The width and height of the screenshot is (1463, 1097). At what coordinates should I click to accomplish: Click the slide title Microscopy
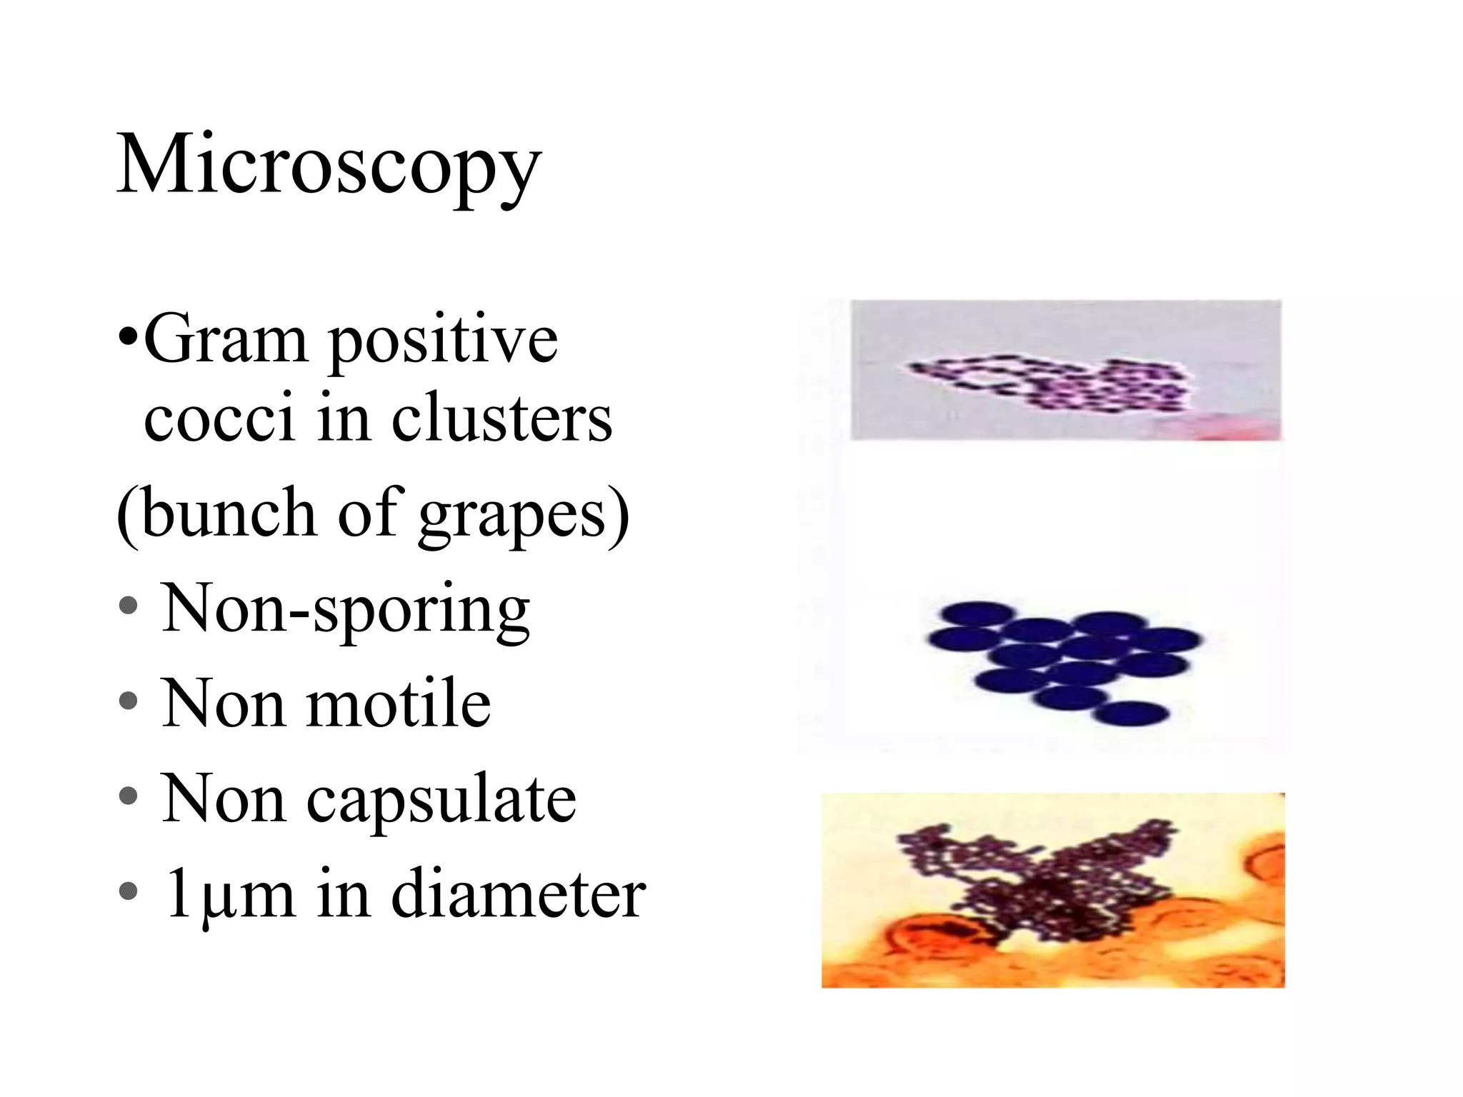coord(329,166)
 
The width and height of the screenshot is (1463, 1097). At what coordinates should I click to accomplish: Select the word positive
coord(443,341)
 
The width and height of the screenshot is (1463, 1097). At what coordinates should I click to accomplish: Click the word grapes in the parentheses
coord(513,516)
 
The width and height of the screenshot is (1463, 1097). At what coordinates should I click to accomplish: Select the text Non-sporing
coord(346,610)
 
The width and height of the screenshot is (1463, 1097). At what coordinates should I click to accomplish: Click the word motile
coord(399,704)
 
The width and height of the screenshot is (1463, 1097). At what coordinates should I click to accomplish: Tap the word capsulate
coord(441,800)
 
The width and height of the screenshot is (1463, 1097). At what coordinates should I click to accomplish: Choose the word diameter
coord(519,896)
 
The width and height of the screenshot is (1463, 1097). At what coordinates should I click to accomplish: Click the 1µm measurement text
coord(229,897)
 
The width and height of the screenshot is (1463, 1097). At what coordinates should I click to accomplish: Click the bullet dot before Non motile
coord(129,701)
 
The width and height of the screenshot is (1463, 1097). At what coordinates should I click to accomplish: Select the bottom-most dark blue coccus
coord(1131,713)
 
